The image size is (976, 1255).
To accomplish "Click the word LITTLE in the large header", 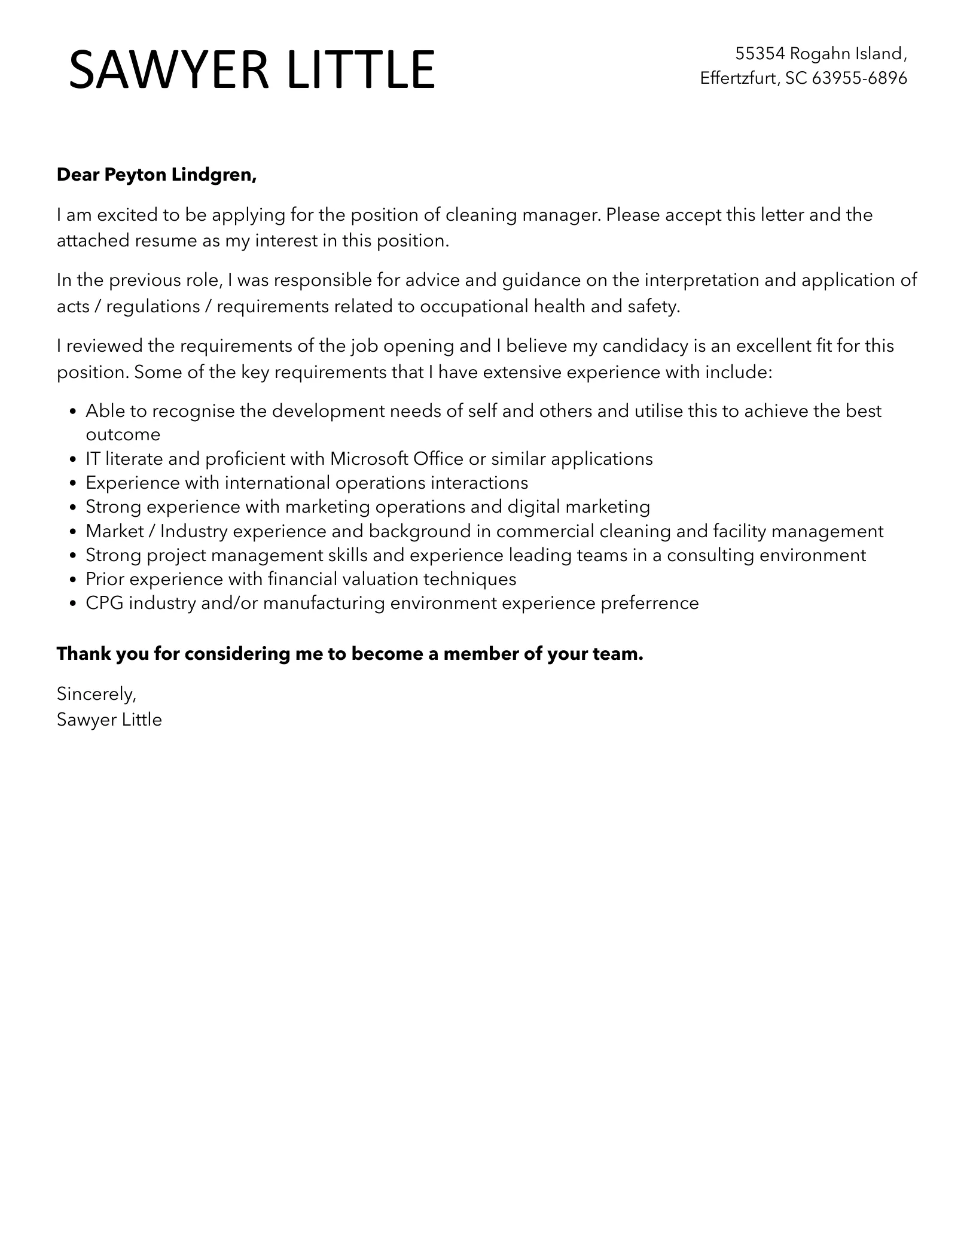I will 361,70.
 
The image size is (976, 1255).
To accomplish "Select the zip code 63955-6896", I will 859,78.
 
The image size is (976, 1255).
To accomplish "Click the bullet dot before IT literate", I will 73,459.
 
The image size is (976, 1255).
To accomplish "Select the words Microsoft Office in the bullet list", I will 396,459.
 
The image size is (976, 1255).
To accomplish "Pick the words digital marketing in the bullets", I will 578,507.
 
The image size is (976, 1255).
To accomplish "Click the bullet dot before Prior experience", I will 73,580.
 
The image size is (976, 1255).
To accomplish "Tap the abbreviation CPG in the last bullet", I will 104,602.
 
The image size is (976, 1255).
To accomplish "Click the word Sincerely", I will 96,694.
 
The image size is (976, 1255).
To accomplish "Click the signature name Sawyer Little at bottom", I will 109,719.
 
